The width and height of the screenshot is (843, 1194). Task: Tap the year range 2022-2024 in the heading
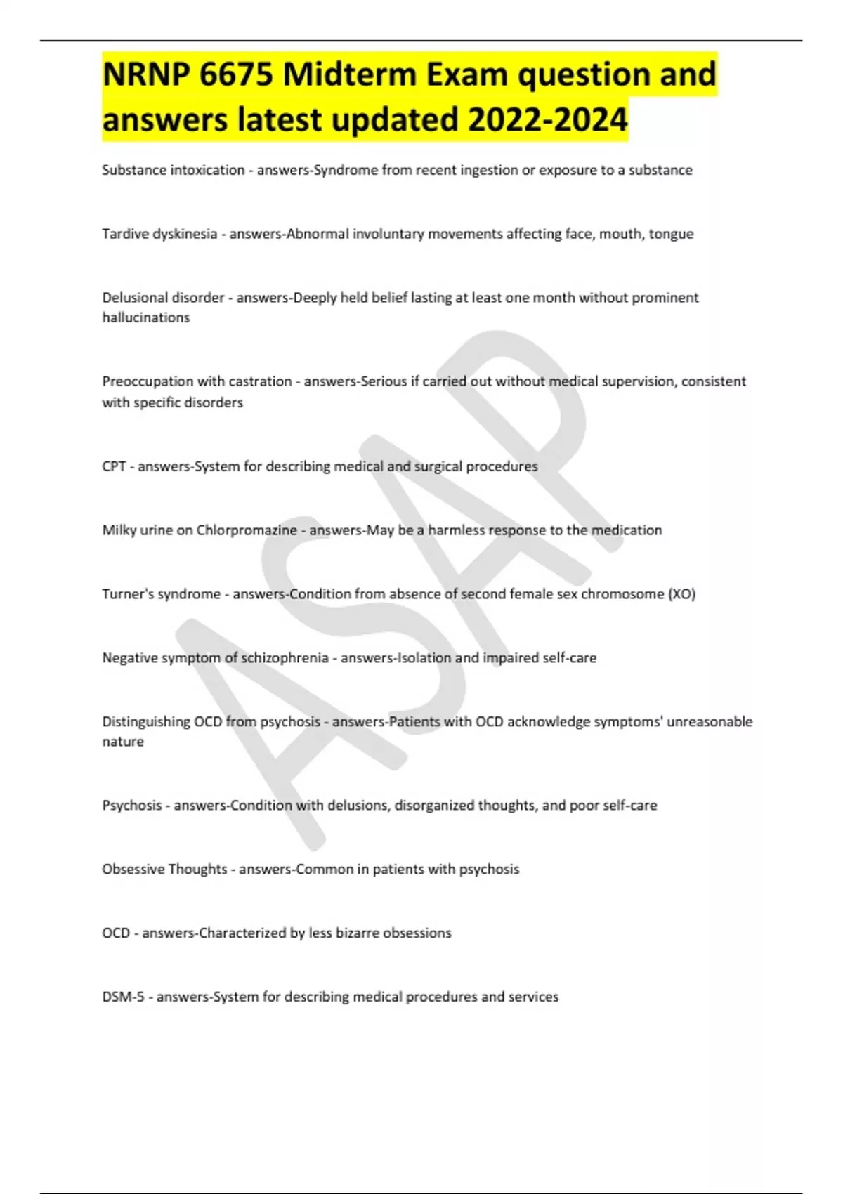[547, 119]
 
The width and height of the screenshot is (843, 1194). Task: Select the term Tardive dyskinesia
[159, 234]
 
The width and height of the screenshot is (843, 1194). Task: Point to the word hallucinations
[146, 317]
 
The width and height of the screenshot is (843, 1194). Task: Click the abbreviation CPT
[114, 466]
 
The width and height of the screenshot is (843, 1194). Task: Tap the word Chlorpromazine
[247, 530]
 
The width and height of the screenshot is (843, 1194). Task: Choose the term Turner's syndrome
[162, 594]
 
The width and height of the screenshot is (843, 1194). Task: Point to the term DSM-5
[123, 997]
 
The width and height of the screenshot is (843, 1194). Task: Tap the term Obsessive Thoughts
[164, 870]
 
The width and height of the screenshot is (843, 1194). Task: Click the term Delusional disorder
[163, 298]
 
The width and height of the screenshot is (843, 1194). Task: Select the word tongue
[671, 234]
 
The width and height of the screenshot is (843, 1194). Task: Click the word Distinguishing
[146, 722]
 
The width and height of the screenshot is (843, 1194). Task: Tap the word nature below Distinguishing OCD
[123, 742]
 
